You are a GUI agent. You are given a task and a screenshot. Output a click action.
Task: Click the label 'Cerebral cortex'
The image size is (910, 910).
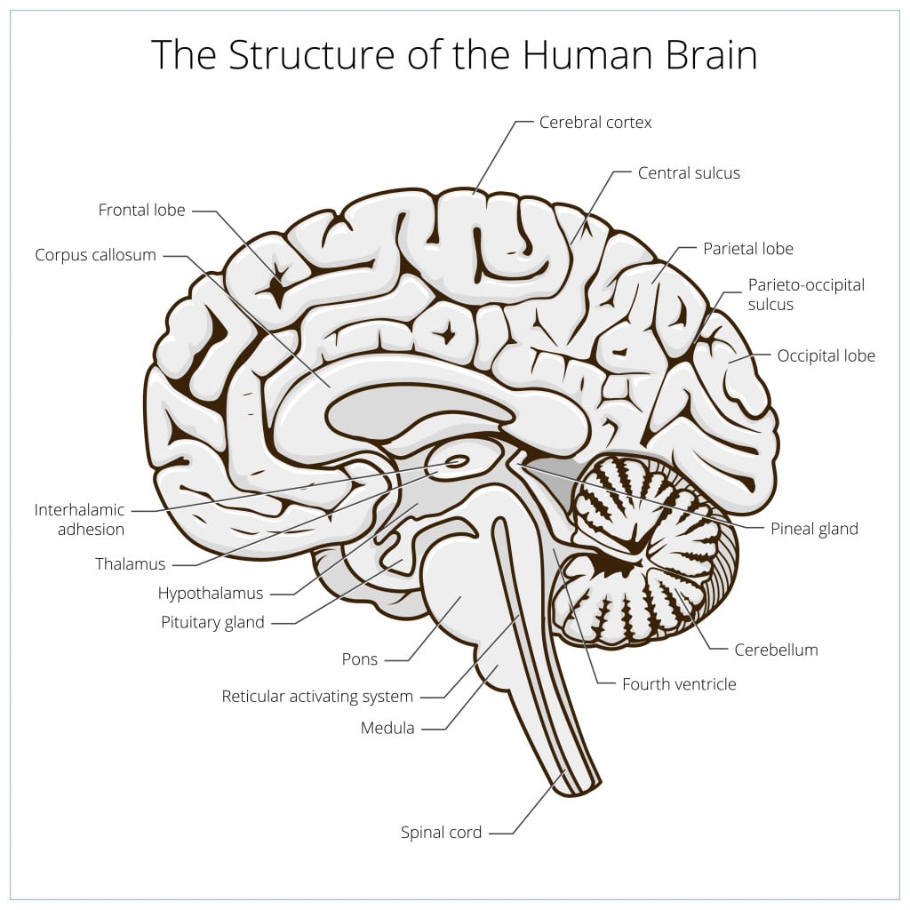(595, 123)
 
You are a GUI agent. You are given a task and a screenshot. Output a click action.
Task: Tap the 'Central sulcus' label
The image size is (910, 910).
(689, 173)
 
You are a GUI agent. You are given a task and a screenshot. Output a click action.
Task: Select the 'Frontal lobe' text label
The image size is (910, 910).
(142, 211)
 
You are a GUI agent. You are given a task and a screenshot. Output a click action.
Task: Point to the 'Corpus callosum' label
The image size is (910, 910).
(96, 255)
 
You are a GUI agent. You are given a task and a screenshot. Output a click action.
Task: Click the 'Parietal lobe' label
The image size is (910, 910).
(748, 249)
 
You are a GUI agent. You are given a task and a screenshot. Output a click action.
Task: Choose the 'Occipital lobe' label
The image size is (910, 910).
(826, 356)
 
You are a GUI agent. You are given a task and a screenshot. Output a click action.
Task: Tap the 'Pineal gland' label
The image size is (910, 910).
(813, 529)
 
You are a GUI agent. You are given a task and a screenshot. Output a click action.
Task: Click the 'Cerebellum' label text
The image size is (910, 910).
(776, 650)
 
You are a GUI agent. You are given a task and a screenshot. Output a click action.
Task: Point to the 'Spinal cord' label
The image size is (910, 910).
(441, 833)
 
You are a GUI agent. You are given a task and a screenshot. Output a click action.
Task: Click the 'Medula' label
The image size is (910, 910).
(387, 729)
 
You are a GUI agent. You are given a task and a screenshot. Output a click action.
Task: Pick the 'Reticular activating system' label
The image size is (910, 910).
(317, 697)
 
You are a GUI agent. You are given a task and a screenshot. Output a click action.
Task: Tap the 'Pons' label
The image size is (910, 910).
(360, 659)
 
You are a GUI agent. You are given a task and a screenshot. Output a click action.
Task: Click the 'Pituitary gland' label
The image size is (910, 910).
(212, 622)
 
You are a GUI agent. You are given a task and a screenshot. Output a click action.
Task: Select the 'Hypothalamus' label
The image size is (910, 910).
(211, 593)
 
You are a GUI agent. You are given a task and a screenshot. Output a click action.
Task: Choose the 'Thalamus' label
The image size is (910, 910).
(131, 564)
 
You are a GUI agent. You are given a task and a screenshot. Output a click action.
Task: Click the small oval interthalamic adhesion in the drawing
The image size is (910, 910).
(458, 461)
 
